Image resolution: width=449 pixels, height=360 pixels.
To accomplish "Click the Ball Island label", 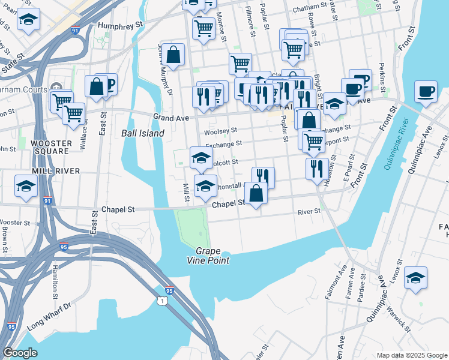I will click(142, 133).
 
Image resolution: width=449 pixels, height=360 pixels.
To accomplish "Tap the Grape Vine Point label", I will click(208, 255).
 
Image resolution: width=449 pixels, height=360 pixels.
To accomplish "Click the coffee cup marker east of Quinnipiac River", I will click(426, 92).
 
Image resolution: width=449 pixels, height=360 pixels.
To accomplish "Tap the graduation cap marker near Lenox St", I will click(415, 278).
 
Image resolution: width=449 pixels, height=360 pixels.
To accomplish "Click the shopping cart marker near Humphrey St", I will click(203, 28).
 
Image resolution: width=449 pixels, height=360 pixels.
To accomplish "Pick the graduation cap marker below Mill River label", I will click(26, 188).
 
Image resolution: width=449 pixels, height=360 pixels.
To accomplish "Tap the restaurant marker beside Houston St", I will click(315, 169).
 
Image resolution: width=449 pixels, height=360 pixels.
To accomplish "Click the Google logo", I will click(20, 353).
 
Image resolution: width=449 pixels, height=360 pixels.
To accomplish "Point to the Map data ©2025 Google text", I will click(411, 355).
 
